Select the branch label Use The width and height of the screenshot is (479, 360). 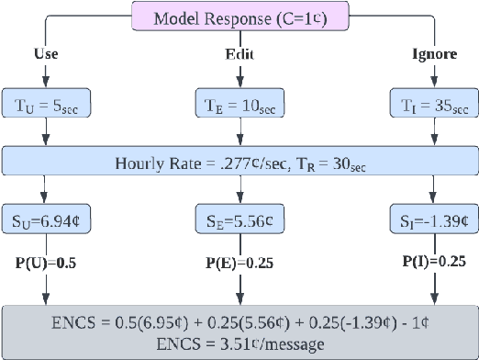(x=45, y=54)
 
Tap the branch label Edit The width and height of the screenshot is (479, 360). (x=239, y=54)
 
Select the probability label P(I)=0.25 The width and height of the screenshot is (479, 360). (x=428, y=260)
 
